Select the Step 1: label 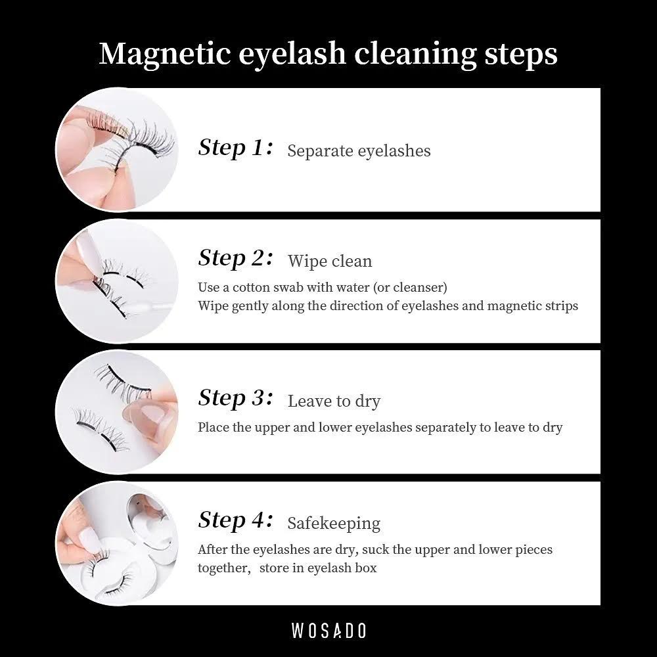[x=235, y=147]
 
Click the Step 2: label [x=235, y=258]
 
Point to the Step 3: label [x=235, y=397]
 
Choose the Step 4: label [x=235, y=520]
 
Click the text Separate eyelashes [x=359, y=151]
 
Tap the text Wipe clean [x=330, y=261]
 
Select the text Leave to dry [x=334, y=401]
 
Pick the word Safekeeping [x=334, y=524]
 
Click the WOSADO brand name [x=328, y=631]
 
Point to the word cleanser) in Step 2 [x=420, y=288]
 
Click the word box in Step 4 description [x=367, y=568]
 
